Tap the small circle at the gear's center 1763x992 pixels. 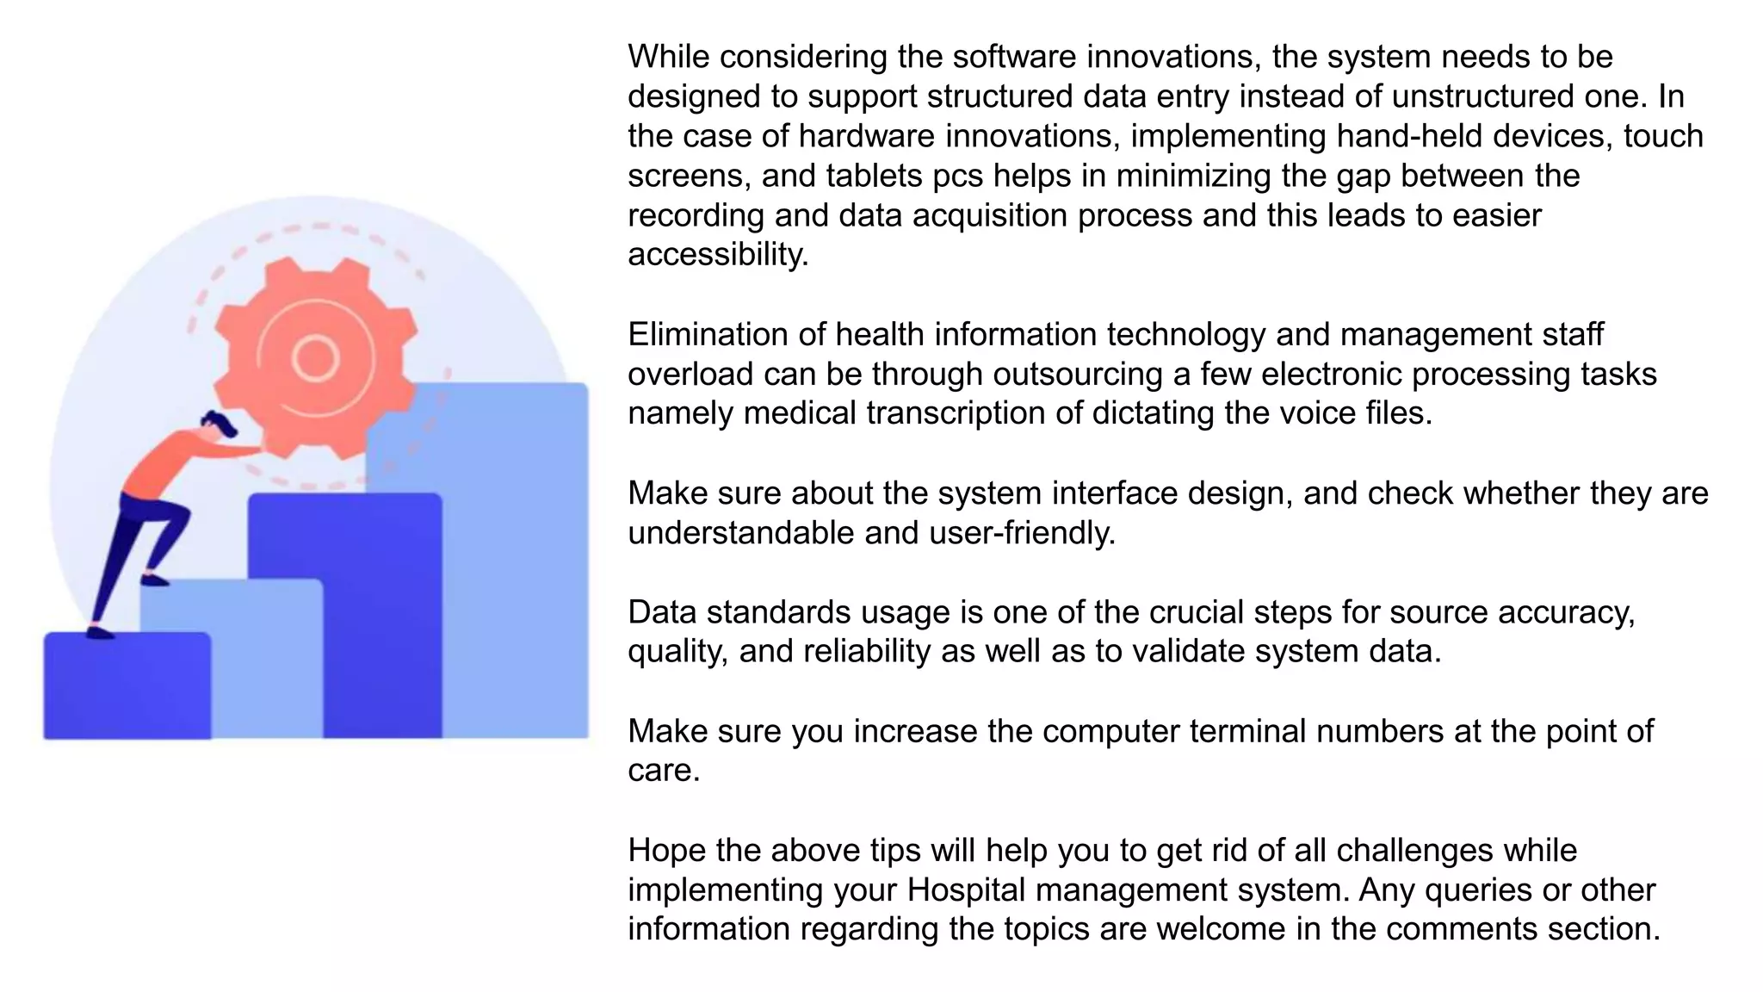coord(315,358)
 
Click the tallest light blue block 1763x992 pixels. coord(517,560)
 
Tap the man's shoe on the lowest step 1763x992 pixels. coord(100,633)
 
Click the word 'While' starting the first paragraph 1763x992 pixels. coord(668,57)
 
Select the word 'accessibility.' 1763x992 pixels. coord(718,255)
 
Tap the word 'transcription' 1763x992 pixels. coord(956,413)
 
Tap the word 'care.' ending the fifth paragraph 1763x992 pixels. coord(664,771)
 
